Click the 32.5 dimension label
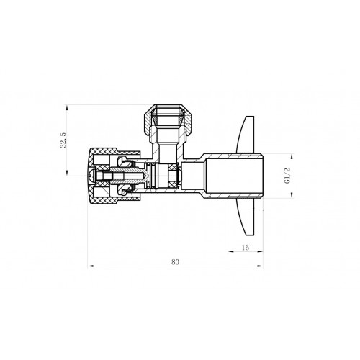click(x=63, y=140)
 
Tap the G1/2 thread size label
click(x=287, y=176)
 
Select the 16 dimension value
click(x=246, y=247)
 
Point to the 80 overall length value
click(x=175, y=262)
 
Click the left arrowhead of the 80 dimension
click(x=91, y=266)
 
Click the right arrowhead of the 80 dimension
click(x=260, y=266)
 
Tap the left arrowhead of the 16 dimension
click(x=230, y=251)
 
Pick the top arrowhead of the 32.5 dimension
click(x=67, y=107)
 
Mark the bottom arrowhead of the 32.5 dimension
click(x=67, y=173)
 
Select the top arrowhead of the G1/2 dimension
click(x=292, y=156)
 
